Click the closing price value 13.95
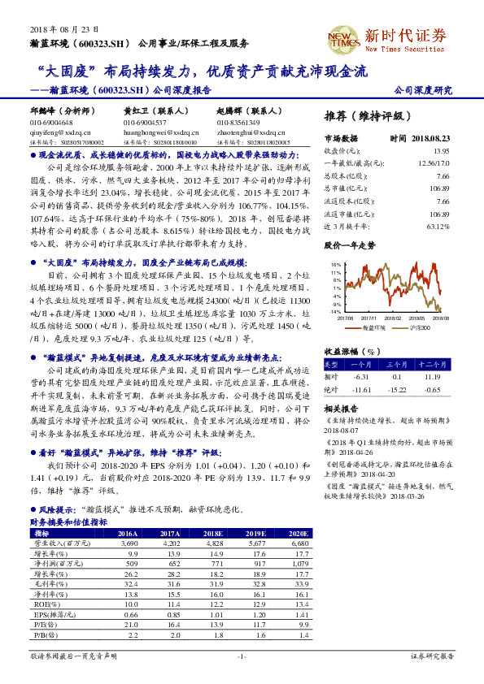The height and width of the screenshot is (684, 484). tap(441, 151)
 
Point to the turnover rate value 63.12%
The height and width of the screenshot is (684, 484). tap(438, 227)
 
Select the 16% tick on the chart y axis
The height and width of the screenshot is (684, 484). tap(335, 265)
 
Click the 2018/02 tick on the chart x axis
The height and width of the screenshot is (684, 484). tap(394, 318)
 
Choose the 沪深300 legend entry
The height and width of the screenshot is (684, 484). tap(415, 327)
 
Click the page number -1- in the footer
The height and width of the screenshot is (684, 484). tap(242, 655)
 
